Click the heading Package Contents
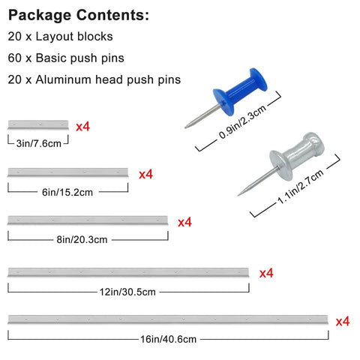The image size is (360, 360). pos(79,15)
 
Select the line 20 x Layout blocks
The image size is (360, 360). pos(60,37)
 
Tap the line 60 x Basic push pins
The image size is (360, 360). pos(66,58)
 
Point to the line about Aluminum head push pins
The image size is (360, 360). pos(94,79)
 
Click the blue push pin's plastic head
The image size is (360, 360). pos(240,91)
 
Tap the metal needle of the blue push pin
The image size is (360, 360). pos(203,116)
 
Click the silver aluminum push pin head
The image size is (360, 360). pos(297,156)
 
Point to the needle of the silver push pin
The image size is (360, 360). pos(258,181)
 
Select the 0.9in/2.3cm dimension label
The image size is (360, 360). pos(242,122)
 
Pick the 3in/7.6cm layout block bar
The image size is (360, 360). pos(38,124)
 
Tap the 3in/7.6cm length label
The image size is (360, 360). pos(39,143)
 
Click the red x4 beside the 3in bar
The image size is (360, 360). pos(82,127)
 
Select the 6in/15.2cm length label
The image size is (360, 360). pos(67,192)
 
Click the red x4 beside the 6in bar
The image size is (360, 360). pos(145,174)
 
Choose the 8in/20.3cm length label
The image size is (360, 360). pos(82,239)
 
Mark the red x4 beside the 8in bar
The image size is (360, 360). pos(184,222)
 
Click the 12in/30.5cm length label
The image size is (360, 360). pos(127,292)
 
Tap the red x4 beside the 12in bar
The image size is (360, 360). pos(266,273)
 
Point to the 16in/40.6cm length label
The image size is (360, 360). pos(168,339)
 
